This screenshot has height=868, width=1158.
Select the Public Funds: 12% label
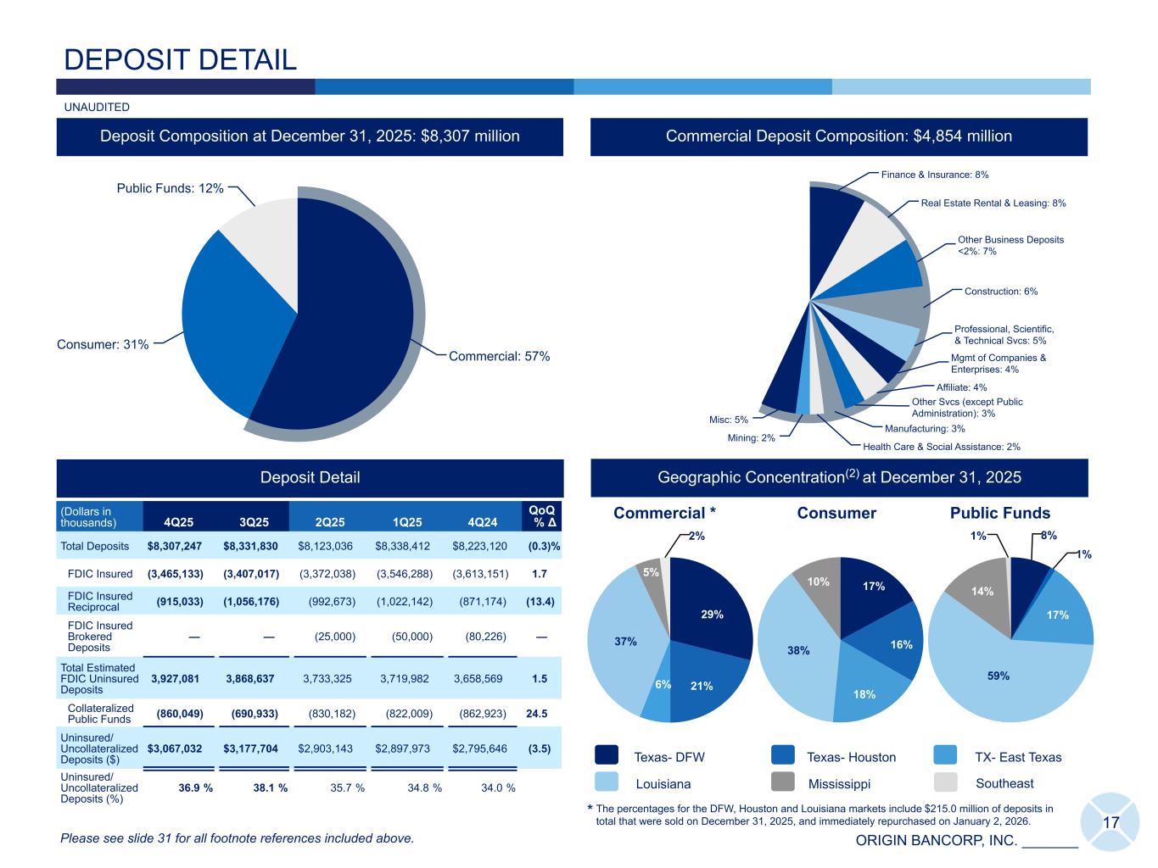click(171, 188)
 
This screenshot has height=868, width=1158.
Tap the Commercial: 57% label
click(499, 357)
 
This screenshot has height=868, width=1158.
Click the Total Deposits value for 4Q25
click(175, 547)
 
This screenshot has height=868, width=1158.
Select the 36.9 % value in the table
click(195, 787)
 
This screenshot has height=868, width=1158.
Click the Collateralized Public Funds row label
click(100, 714)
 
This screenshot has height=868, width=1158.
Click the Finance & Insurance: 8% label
click(935, 175)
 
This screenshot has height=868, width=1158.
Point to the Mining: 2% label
click(752, 438)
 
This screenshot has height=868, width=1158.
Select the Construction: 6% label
click(1001, 292)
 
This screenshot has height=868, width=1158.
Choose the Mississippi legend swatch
click(783, 782)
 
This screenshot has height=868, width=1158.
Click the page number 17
click(1110, 822)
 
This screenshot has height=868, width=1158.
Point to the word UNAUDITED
click(98, 108)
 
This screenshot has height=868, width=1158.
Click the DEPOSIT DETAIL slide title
click(181, 59)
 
